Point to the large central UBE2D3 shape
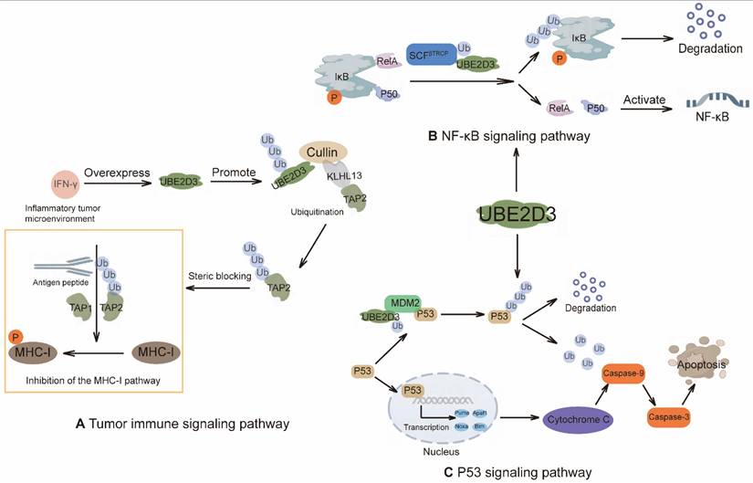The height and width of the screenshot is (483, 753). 518,216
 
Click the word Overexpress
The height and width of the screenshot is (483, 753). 115,171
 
